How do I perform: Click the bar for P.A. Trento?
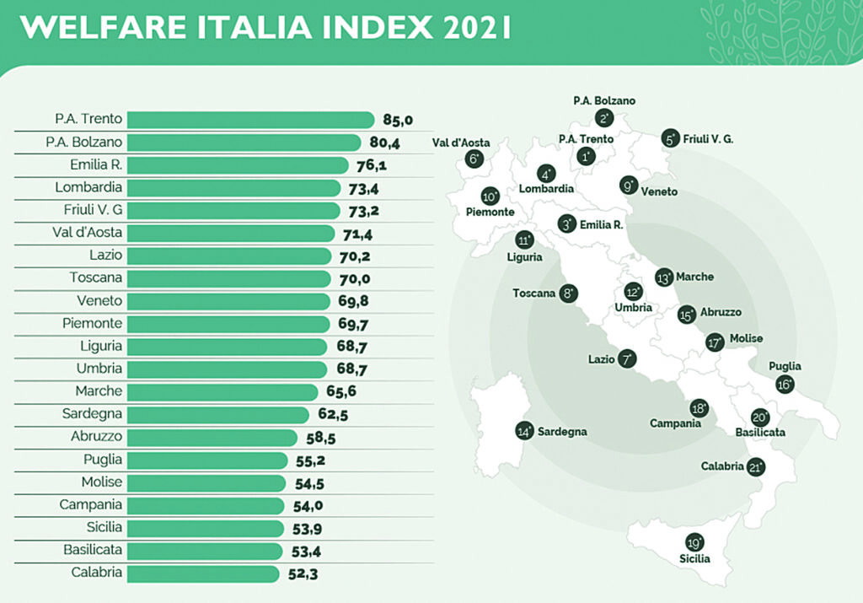250,120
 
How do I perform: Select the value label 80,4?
383,143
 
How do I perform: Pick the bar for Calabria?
203,573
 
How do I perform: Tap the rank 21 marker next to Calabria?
755,467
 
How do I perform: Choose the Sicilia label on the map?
695,558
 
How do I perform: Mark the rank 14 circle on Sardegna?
525,431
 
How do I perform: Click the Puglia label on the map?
785,367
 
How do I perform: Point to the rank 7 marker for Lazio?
626,359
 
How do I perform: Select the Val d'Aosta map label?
461,143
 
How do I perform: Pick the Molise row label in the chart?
101,482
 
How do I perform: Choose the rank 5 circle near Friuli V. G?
671,139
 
